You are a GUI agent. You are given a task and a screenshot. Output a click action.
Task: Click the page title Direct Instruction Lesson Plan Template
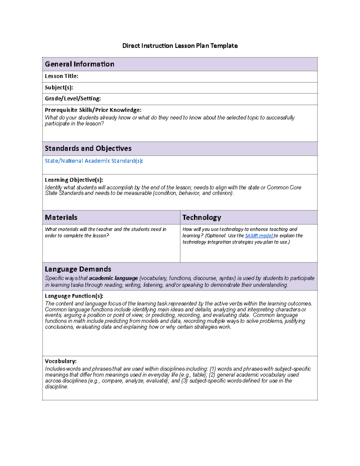pyautogui.click(x=180, y=46)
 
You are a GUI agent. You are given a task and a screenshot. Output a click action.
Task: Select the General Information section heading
pyautogui.click(x=79, y=64)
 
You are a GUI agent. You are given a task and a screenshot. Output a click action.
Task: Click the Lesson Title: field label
pyautogui.click(x=61, y=76)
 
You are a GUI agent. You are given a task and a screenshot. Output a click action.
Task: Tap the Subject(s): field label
pyautogui.click(x=59, y=88)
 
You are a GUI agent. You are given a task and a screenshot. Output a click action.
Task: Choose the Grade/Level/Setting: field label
pyautogui.click(x=73, y=98)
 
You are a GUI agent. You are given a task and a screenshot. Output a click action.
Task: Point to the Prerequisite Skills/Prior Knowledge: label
pyautogui.click(x=93, y=110)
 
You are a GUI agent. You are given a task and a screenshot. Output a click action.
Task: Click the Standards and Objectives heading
pyautogui.click(x=88, y=148)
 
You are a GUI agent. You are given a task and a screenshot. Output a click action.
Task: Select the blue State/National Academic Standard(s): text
pyautogui.click(x=94, y=161)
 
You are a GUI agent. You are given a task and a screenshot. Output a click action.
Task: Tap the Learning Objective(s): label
pyautogui.click(x=74, y=180)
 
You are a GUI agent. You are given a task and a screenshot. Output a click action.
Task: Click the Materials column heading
pyautogui.click(x=61, y=217)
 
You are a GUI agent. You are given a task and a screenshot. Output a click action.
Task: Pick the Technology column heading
pyautogui.click(x=202, y=217)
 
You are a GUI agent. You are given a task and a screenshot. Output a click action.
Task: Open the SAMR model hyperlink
pyautogui.click(x=259, y=236)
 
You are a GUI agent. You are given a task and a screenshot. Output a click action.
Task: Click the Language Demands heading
pyautogui.click(x=78, y=269)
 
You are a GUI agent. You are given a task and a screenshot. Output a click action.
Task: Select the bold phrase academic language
pyautogui.click(x=113, y=278)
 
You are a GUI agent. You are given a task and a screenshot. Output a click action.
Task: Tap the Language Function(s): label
pyautogui.click(x=74, y=296)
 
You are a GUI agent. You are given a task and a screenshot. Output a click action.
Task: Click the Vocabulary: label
pyautogui.click(x=61, y=361)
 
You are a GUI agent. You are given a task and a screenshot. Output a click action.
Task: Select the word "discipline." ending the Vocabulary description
pyautogui.click(x=56, y=386)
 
